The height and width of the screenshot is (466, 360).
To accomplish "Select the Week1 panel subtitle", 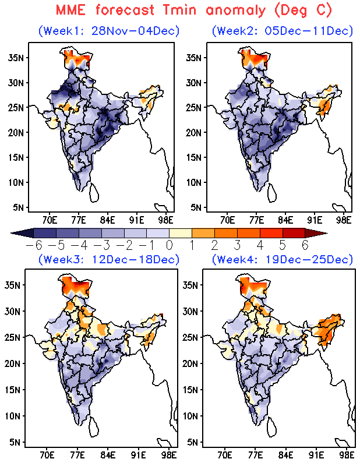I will click(109, 31).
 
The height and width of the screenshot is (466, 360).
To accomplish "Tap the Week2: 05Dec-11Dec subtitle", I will click(283, 31).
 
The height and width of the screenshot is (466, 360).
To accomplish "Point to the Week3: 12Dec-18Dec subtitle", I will click(109, 259).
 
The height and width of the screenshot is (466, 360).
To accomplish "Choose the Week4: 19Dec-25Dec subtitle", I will click(283, 259).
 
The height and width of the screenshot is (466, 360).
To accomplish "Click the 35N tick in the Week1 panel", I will click(16, 57).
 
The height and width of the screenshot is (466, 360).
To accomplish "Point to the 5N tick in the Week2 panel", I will click(194, 207).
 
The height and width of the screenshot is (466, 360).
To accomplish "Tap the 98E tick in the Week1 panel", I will click(167, 220).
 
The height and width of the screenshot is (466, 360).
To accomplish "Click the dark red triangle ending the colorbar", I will click(321, 233).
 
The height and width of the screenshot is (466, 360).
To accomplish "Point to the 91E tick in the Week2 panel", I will click(315, 220).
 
